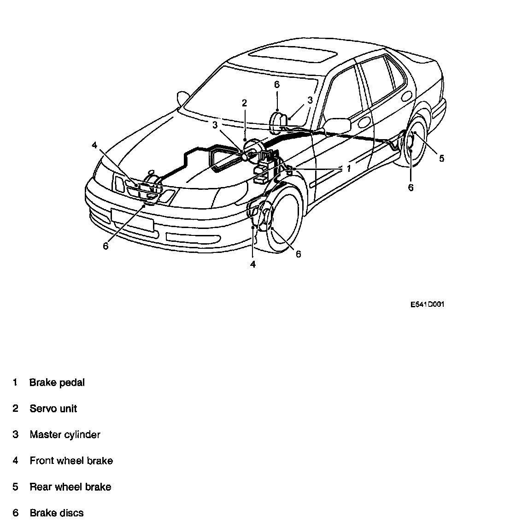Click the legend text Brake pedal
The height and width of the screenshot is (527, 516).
point(57,382)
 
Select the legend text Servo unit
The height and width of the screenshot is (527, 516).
point(53,409)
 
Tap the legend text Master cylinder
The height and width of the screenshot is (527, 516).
point(65,434)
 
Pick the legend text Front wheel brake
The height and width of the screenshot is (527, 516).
point(71,461)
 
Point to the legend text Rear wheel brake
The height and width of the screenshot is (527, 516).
point(70,487)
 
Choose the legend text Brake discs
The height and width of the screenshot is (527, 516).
point(57,513)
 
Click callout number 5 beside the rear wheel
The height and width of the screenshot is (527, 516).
point(441,158)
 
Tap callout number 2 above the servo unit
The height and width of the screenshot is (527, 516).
point(244,103)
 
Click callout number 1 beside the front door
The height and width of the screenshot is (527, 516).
point(349,169)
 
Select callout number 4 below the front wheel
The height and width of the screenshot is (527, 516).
point(253,264)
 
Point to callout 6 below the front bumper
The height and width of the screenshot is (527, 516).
point(106,246)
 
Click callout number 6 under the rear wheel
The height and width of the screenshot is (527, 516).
point(410,187)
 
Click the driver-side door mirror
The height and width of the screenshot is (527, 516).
point(338,125)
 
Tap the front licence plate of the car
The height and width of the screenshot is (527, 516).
point(132,219)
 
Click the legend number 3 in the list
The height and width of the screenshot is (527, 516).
point(16,434)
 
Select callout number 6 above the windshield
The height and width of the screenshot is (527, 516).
point(276,85)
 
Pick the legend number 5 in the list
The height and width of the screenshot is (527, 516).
point(16,487)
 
